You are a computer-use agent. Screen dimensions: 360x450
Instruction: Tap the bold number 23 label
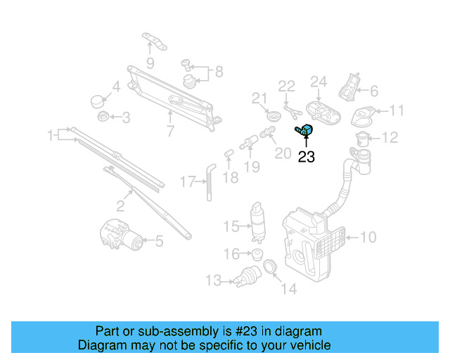click(307, 157)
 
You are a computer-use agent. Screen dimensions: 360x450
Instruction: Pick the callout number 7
click(169, 131)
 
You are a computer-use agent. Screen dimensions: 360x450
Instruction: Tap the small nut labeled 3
click(103, 116)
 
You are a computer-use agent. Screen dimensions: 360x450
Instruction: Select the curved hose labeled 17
click(208, 179)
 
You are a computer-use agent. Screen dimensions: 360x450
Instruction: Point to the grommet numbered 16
click(257, 253)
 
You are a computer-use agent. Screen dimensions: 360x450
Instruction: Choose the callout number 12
click(390, 137)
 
